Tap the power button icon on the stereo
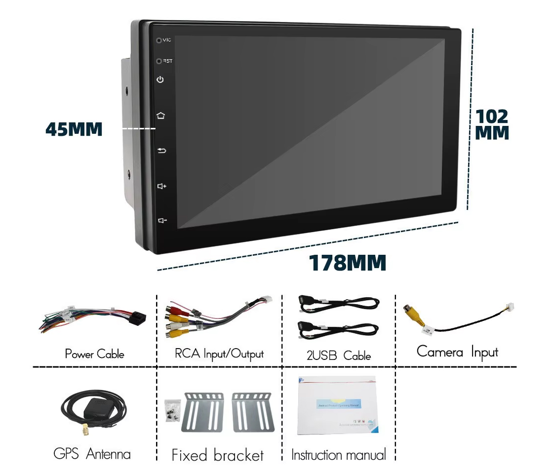[160, 79]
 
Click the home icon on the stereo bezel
[160, 116]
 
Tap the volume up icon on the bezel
[161, 186]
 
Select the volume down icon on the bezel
[161, 220]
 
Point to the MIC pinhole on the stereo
[159, 40]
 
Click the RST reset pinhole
[159, 61]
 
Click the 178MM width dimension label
[347, 263]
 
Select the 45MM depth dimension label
[74, 129]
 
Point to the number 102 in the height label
[492, 117]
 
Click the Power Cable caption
[94, 354]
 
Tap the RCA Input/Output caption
[219, 354]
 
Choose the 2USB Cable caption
[338, 355]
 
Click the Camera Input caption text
[457, 352]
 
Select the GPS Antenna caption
[92, 454]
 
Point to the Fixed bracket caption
[218, 455]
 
